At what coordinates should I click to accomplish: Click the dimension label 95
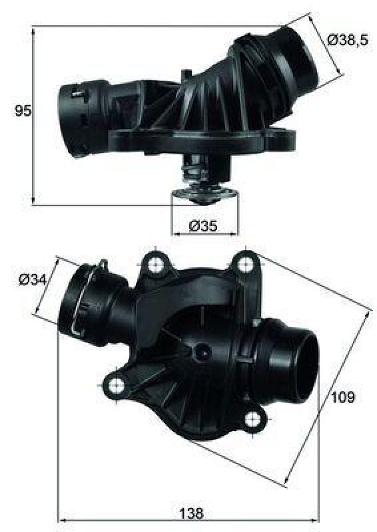click(x=23, y=112)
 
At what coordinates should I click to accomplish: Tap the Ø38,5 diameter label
click(x=348, y=41)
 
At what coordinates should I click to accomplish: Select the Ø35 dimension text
click(x=203, y=226)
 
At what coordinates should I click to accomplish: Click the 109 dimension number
click(x=342, y=398)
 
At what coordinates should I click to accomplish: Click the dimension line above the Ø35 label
click(x=204, y=234)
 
